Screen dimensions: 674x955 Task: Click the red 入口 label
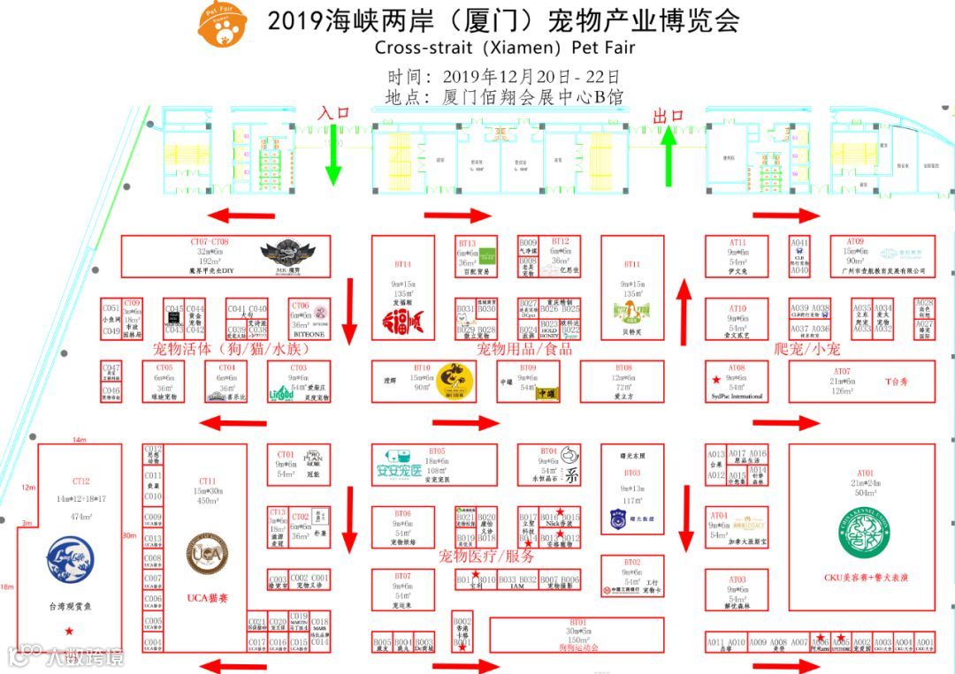(x=334, y=113)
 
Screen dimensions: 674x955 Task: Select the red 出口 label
(x=668, y=116)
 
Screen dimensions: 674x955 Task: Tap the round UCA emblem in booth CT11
(x=207, y=552)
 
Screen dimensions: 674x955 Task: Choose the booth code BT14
(x=403, y=264)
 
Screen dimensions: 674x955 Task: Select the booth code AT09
(x=855, y=241)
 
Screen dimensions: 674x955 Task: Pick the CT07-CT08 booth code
(x=210, y=241)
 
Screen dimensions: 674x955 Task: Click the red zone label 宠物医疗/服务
(x=487, y=557)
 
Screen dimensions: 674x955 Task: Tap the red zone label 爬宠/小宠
(x=806, y=348)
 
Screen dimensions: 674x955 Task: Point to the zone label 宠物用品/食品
(x=524, y=349)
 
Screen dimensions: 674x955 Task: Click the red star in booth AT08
(x=714, y=379)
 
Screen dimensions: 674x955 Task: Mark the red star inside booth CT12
(x=68, y=630)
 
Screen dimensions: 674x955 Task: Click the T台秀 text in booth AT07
(x=897, y=382)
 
